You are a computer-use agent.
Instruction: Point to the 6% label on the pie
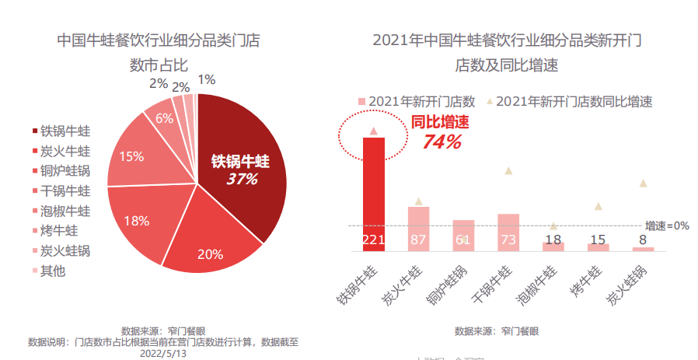[164, 119]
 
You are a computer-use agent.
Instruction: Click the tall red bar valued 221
[374, 194]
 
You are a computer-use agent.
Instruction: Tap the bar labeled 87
[419, 229]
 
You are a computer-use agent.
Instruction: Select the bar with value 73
[508, 232]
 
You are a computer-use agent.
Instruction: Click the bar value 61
[463, 239]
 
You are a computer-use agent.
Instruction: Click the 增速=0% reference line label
[667, 225]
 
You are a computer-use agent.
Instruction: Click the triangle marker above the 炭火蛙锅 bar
[643, 183]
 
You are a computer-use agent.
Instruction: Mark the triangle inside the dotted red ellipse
[374, 131]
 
